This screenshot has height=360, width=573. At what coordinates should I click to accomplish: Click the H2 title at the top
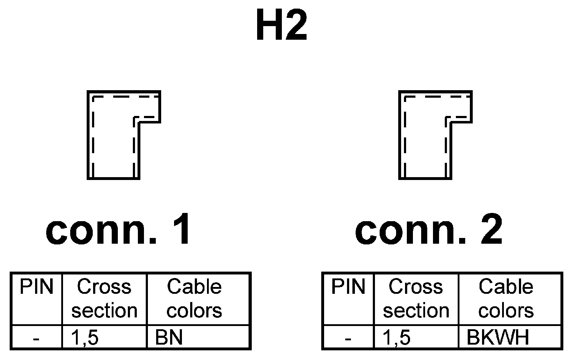[x=281, y=26]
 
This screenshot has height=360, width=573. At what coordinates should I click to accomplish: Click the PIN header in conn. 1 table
[x=36, y=287]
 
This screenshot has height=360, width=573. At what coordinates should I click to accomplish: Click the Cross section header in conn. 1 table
[x=104, y=299]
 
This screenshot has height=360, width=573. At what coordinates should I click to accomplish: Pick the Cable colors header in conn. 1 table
[x=194, y=299]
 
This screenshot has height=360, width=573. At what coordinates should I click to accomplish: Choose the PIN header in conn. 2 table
[x=348, y=287]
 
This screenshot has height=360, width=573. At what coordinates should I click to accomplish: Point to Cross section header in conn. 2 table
[x=416, y=299]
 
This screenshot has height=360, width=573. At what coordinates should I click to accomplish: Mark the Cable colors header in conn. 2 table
[x=506, y=299]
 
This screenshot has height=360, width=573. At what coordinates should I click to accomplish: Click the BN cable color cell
[x=169, y=337]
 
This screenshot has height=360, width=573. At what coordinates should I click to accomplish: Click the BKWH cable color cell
[x=498, y=337]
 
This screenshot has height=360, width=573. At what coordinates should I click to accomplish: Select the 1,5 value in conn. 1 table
[x=85, y=337]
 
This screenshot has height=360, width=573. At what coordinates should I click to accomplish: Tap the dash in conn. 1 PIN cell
[x=36, y=338]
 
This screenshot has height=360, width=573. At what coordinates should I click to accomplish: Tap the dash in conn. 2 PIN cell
[x=348, y=338]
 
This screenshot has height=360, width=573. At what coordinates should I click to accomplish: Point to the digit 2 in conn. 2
[x=491, y=229]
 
